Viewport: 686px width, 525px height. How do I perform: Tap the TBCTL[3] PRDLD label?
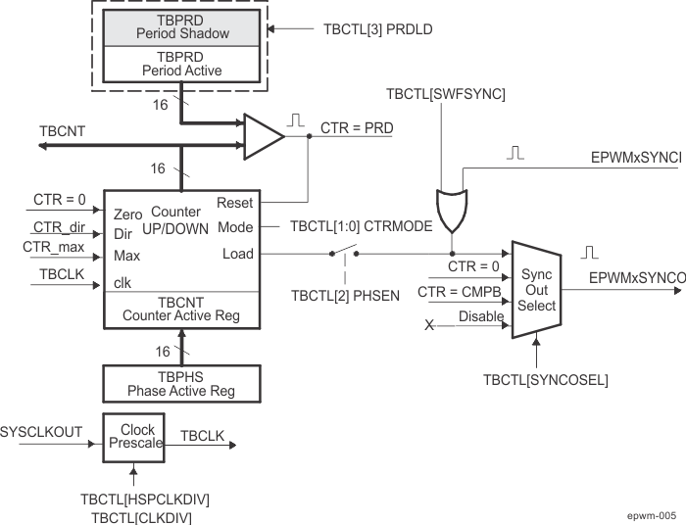tap(377, 29)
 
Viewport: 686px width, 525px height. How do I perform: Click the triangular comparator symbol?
tap(263, 136)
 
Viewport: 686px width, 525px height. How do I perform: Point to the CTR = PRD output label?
tap(357, 127)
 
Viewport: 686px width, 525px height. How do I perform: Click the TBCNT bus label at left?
tap(62, 130)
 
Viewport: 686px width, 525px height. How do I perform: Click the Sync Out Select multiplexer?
tap(536, 289)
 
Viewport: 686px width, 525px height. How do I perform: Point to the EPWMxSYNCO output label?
tap(636, 278)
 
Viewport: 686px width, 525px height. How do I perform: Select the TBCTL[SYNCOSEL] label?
tap(545, 379)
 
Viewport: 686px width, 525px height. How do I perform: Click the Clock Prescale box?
tap(137, 437)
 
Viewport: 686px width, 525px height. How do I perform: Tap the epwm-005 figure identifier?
tap(652, 514)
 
